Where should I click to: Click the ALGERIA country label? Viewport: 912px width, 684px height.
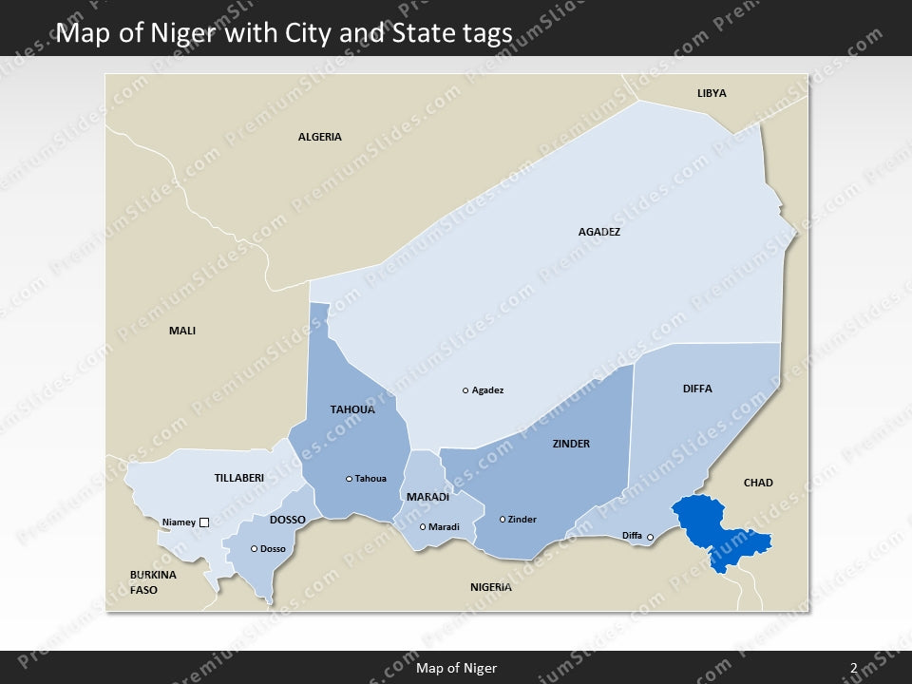(x=319, y=137)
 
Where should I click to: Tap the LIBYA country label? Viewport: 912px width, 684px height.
(x=712, y=93)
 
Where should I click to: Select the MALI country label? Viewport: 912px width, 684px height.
(x=181, y=331)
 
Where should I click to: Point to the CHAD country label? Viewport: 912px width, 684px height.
(x=758, y=483)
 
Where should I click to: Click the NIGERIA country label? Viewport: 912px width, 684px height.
(x=490, y=587)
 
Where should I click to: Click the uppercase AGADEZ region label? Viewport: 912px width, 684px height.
(x=598, y=231)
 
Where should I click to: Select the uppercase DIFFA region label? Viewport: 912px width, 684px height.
(x=696, y=389)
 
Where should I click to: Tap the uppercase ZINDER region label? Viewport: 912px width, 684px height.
(x=571, y=444)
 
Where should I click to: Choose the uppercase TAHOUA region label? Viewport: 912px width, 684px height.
(x=352, y=409)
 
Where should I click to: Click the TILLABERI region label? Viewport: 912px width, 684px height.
(x=239, y=478)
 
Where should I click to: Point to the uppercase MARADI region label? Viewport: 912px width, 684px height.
(x=427, y=497)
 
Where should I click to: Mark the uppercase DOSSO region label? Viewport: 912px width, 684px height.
(x=287, y=520)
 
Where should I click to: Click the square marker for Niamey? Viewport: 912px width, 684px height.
(x=203, y=522)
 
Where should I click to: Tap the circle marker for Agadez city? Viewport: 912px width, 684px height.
(x=465, y=390)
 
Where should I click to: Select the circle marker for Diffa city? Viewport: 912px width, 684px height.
(x=650, y=538)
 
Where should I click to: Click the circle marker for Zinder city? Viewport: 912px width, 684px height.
(x=503, y=520)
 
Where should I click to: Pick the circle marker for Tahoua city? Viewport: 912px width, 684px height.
(x=349, y=479)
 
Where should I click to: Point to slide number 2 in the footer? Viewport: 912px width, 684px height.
(x=853, y=668)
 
